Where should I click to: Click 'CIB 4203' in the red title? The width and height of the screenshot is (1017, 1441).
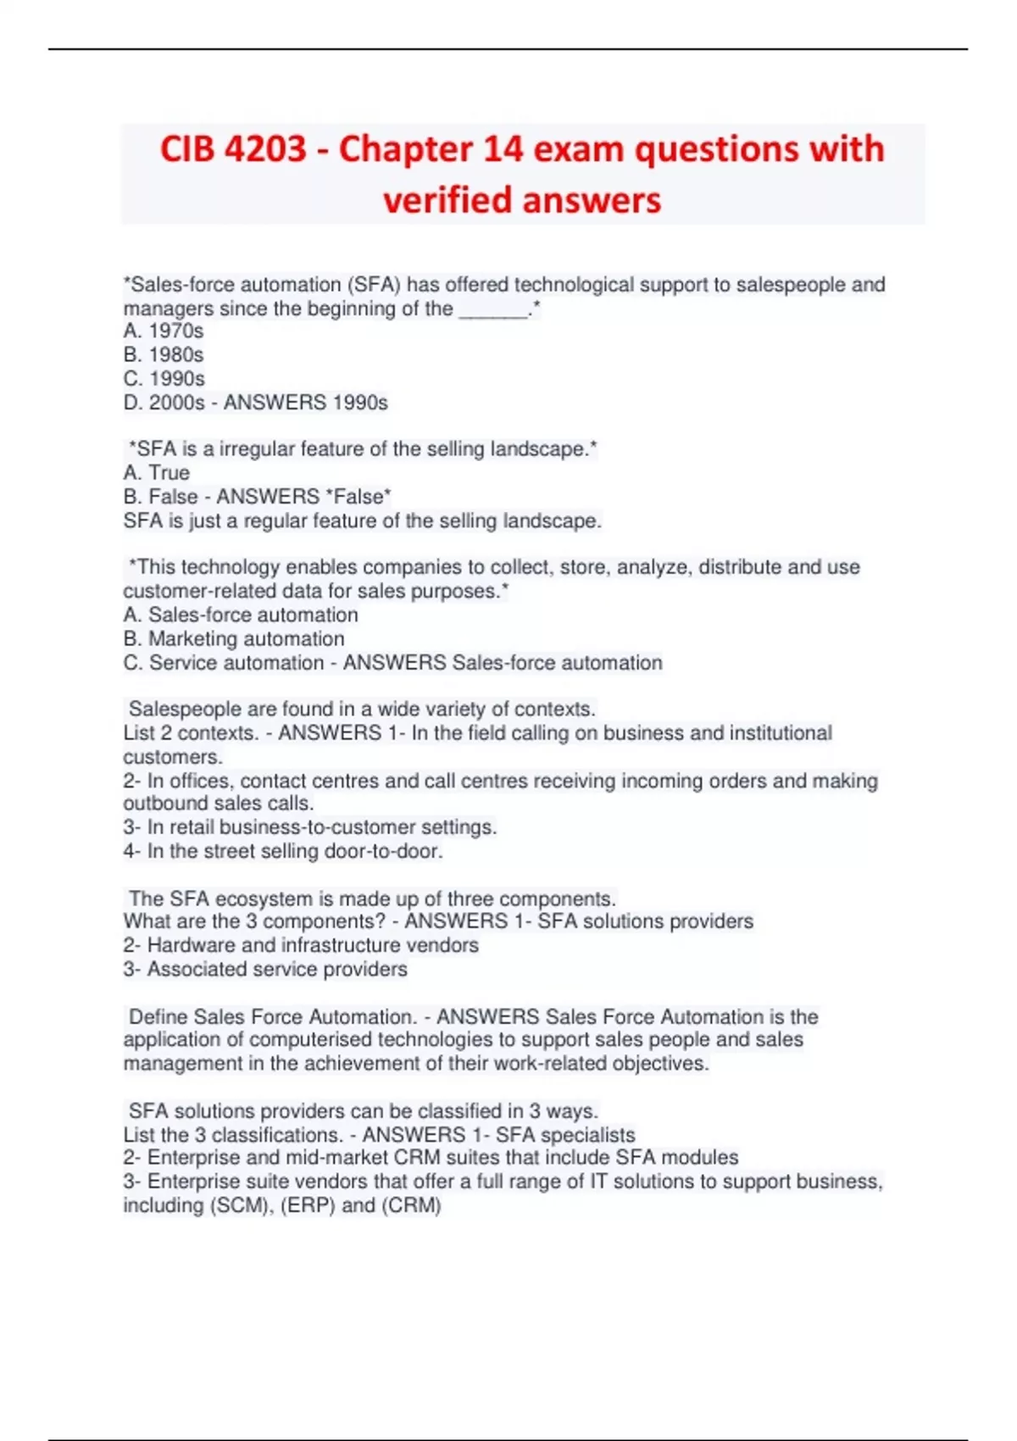tap(233, 150)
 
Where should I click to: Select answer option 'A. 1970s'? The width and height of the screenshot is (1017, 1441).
tap(164, 331)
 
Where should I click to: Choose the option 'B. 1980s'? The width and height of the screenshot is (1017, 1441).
tap(164, 355)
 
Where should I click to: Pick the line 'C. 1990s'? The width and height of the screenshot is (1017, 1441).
tap(164, 379)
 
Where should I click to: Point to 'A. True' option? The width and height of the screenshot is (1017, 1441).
tap(157, 473)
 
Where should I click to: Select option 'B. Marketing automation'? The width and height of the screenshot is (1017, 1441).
tap(234, 639)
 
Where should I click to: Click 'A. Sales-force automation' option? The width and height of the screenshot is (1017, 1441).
tap(241, 615)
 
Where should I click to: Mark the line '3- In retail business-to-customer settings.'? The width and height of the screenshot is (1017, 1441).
tap(310, 827)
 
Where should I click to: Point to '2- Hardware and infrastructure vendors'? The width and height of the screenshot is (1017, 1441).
tap(301, 945)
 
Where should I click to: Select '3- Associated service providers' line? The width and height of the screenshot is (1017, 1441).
tap(265, 969)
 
